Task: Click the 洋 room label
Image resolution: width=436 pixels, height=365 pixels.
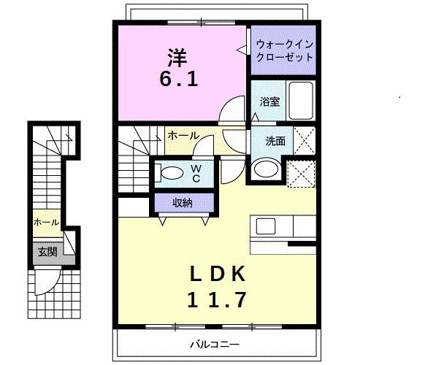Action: pyautogui.click(x=178, y=55)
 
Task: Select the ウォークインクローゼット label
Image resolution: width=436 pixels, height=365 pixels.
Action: pyautogui.click(x=284, y=50)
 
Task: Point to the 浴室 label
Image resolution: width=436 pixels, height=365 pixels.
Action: pyautogui.click(x=270, y=102)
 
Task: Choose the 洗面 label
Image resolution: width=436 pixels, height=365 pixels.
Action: pyautogui.click(x=275, y=141)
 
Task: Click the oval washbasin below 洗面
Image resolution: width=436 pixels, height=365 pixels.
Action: pyautogui.click(x=265, y=169)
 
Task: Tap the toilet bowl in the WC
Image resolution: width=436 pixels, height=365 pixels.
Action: pyautogui.click(x=172, y=173)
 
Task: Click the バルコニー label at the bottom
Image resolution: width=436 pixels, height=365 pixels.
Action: pyautogui.click(x=215, y=344)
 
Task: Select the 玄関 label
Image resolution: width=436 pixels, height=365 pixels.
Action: pyautogui.click(x=47, y=252)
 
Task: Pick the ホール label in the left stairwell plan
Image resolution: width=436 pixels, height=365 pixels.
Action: pyautogui.click(x=46, y=222)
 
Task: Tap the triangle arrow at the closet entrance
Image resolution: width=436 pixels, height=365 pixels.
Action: pyautogui.click(x=240, y=50)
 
